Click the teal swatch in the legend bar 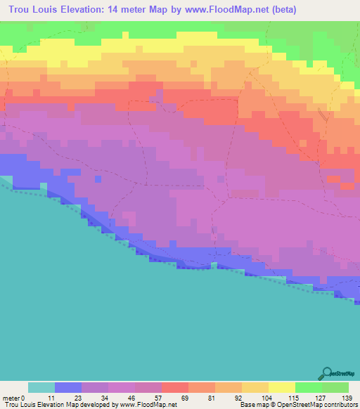coord(41,387)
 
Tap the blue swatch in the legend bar coord(68,387)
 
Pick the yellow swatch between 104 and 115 coord(282,387)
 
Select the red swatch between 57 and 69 coord(175,387)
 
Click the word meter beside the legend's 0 coord(12,398)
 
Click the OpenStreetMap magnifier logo coord(327,373)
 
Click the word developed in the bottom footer coord(97,405)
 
